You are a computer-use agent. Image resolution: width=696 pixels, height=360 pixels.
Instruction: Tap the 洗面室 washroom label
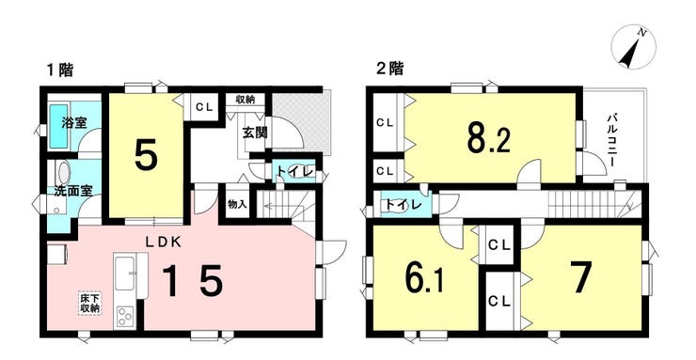(x=72, y=191)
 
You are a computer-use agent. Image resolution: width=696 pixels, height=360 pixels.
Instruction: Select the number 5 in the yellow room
(x=147, y=158)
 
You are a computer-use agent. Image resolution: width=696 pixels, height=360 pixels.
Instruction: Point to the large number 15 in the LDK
(x=192, y=280)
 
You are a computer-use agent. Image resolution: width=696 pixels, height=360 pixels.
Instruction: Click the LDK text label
(x=164, y=242)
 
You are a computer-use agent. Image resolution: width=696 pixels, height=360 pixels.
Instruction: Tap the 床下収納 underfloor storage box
(x=90, y=303)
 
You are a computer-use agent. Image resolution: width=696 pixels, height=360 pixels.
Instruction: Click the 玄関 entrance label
(x=255, y=132)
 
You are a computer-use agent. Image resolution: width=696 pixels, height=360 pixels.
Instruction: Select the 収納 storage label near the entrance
(x=245, y=100)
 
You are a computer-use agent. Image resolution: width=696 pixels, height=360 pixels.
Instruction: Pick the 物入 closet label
(x=237, y=204)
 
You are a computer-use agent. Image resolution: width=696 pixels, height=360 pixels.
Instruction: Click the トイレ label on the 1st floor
(x=293, y=171)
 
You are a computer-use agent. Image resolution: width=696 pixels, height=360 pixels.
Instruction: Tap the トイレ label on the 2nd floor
(x=403, y=204)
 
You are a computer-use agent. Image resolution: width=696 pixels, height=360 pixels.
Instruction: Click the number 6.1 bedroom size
(x=423, y=280)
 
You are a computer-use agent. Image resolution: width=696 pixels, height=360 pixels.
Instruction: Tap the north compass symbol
(x=633, y=48)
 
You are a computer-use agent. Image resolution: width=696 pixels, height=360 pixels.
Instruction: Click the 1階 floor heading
(x=60, y=70)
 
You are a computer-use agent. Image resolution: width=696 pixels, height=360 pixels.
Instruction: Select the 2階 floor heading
(x=389, y=70)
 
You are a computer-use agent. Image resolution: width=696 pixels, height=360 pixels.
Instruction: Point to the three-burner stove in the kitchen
(x=126, y=318)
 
